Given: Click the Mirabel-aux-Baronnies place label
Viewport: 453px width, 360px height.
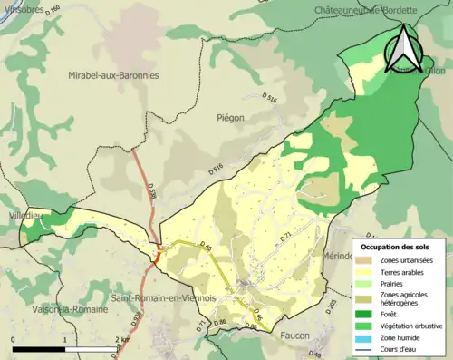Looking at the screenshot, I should pos(113,75).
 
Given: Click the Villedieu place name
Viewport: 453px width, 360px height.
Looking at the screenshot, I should pos(21,216).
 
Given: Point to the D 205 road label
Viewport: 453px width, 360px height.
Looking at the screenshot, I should pos(332,305).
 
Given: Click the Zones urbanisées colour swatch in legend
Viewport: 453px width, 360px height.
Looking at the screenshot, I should pos(367,260).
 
